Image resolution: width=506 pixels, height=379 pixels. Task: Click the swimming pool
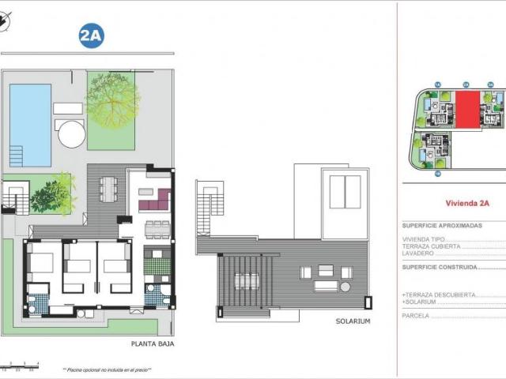point(30,125)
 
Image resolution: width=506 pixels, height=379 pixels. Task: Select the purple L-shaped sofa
point(155,201)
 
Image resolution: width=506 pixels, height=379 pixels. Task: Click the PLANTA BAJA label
point(153,344)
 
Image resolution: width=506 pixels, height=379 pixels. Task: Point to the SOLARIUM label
point(352,321)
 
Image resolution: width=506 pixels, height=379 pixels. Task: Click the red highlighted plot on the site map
point(466,108)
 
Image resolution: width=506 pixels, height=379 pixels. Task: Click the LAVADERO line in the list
point(420,253)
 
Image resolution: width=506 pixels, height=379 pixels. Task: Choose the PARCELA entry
point(417,315)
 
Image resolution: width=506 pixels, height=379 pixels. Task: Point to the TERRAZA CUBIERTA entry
point(432,246)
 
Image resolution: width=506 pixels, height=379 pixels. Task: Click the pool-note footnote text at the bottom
point(106,370)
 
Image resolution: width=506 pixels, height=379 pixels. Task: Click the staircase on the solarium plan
point(209,208)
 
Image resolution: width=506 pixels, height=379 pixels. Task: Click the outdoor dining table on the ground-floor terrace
point(108,191)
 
